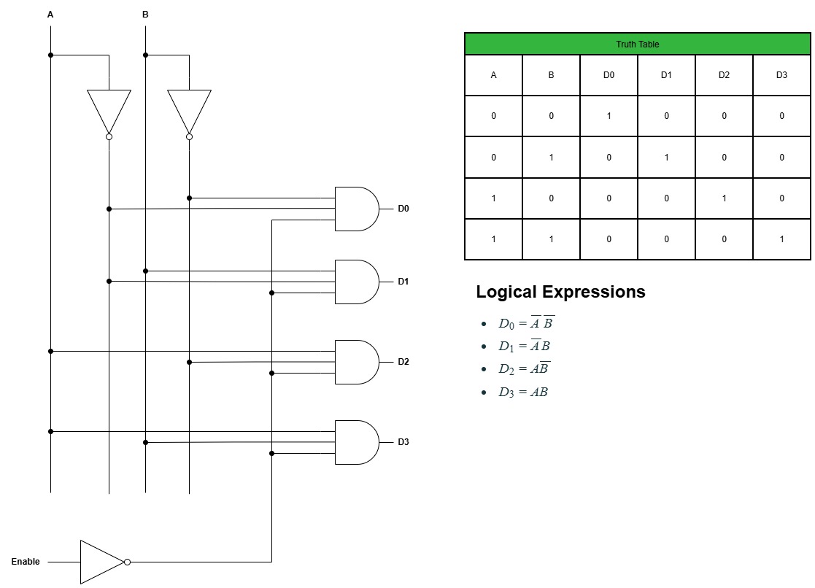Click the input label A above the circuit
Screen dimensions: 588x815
pyautogui.click(x=50, y=15)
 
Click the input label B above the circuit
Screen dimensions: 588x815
pyautogui.click(x=145, y=15)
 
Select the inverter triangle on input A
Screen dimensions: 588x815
pyautogui.click(x=109, y=109)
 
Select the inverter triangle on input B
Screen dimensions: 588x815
pyautogui.click(x=189, y=109)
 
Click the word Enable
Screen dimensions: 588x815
pyautogui.click(x=26, y=562)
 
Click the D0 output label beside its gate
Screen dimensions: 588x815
pyautogui.click(x=403, y=209)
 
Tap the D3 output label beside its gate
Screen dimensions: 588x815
pyautogui.click(x=403, y=442)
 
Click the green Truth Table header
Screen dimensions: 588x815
pyautogui.click(x=637, y=45)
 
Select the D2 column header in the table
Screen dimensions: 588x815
pyautogui.click(x=724, y=75)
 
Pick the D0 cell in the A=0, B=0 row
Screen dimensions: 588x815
pyautogui.click(x=609, y=116)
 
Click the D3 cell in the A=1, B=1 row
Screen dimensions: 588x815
pyautogui.click(x=781, y=239)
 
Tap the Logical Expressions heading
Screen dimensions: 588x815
pyautogui.click(x=560, y=292)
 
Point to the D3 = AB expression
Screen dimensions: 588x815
pyautogui.click(x=523, y=392)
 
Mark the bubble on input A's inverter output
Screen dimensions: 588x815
pyautogui.click(x=109, y=136)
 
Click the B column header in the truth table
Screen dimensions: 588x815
pyautogui.click(x=551, y=75)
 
